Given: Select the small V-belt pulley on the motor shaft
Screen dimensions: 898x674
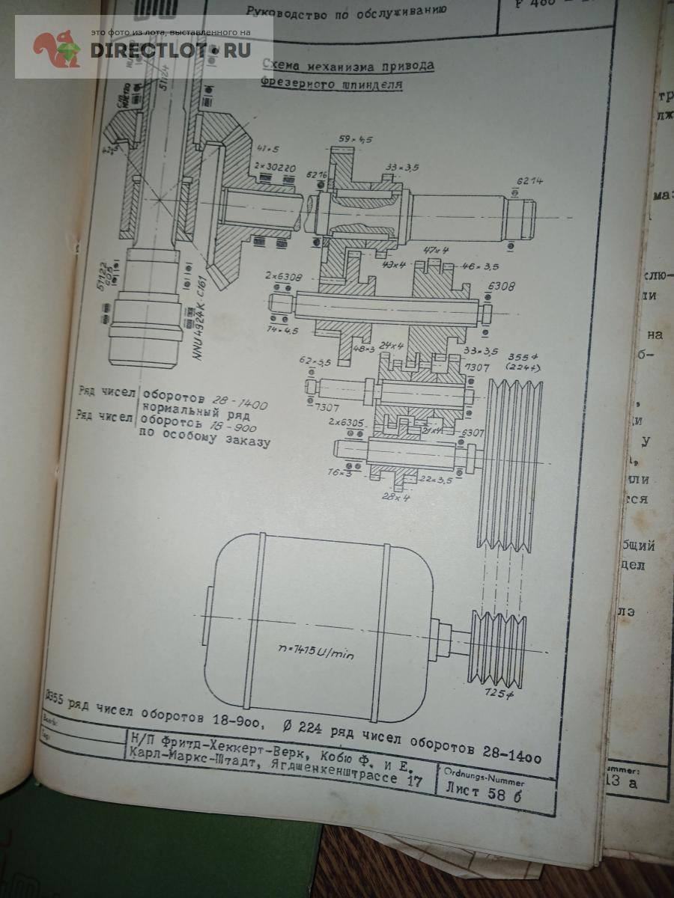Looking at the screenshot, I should pyautogui.click(x=497, y=648).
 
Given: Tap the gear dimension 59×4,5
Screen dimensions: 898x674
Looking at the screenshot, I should pyautogui.click(x=355, y=139).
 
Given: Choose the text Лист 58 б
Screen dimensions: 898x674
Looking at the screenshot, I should pyautogui.click(x=483, y=790).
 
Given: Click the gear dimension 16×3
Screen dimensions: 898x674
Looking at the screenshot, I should pyautogui.click(x=338, y=472).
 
